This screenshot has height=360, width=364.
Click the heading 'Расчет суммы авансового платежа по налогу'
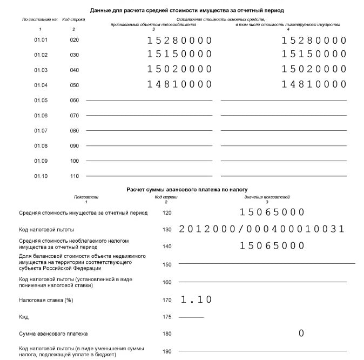(x=187, y=190)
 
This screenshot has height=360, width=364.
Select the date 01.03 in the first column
(x=41, y=70)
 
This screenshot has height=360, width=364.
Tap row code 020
(x=75, y=40)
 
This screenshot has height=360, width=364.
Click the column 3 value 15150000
(x=179, y=54)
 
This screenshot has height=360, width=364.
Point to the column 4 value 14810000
(x=314, y=84)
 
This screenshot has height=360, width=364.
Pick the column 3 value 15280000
(x=179, y=40)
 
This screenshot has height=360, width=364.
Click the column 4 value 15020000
(x=314, y=69)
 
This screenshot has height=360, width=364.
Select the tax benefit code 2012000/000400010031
(x=261, y=229)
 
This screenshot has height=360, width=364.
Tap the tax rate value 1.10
(x=196, y=299)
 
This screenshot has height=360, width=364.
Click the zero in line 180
(x=301, y=334)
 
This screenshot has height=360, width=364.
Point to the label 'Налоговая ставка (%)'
(x=46, y=300)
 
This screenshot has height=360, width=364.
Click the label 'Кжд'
(x=24, y=317)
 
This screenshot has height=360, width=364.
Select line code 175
(x=166, y=317)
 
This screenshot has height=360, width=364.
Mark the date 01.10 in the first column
(x=41, y=176)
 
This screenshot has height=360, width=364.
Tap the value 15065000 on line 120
(x=272, y=212)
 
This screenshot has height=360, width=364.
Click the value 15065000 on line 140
(x=272, y=246)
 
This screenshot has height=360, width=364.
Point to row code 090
(x=75, y=146)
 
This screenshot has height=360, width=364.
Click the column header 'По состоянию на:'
(x=40, y=19)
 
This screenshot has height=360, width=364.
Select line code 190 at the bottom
(x=166, y=351)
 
